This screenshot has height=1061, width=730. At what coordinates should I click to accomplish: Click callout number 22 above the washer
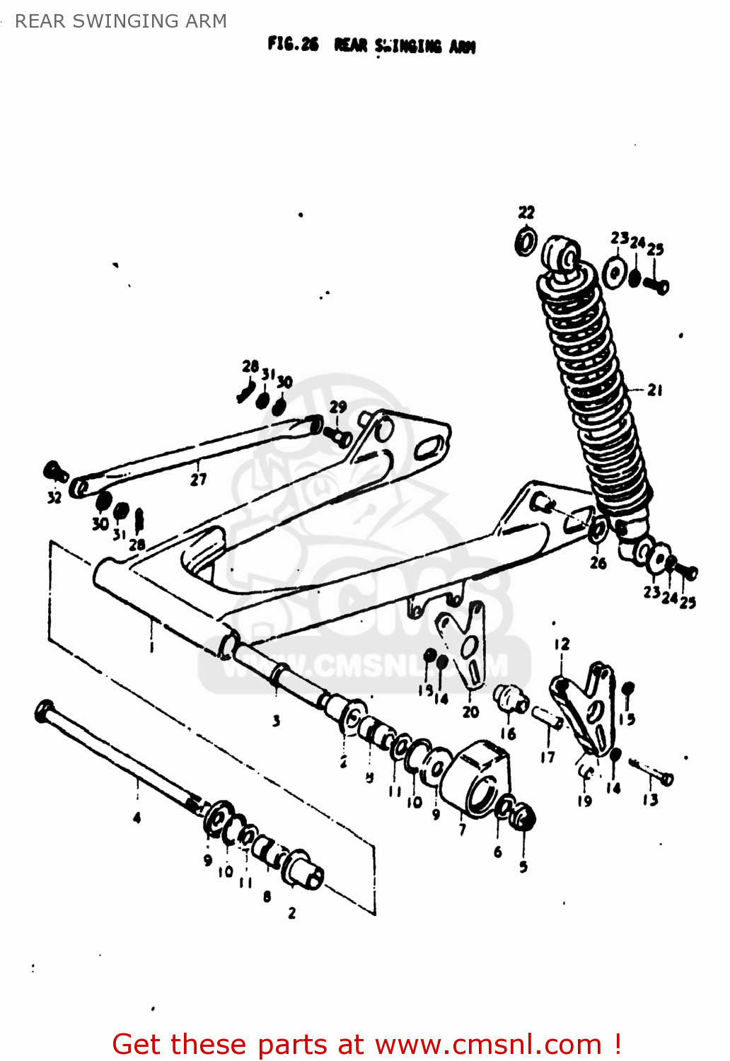click(526, 212)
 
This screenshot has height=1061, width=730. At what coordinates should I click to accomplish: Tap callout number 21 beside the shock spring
click(655, 390)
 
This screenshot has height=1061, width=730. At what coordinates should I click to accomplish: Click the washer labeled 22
click(526, 243)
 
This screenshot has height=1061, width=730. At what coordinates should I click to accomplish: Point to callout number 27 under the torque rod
click(198, 480)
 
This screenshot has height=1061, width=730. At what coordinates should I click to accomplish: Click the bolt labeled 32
click(54, 470)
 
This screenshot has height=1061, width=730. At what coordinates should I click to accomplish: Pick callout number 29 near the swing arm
click(338, 407)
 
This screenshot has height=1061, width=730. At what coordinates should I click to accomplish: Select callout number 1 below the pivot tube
click(151, 645)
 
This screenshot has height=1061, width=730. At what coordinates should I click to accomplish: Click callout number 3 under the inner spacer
click(276, 721)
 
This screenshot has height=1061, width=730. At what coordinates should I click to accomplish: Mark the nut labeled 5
click(524, 818)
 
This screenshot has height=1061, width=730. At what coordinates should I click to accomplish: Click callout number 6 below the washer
click(498, 852)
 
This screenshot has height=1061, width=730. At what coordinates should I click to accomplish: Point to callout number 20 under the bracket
click(470, 712)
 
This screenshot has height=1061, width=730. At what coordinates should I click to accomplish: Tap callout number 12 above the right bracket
click(562, 644)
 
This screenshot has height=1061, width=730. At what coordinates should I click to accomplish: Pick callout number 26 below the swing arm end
click(598, 563)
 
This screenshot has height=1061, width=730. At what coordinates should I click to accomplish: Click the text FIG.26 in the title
click(293, 45)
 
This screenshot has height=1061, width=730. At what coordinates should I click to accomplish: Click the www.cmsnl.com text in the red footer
click(487, 1045)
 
